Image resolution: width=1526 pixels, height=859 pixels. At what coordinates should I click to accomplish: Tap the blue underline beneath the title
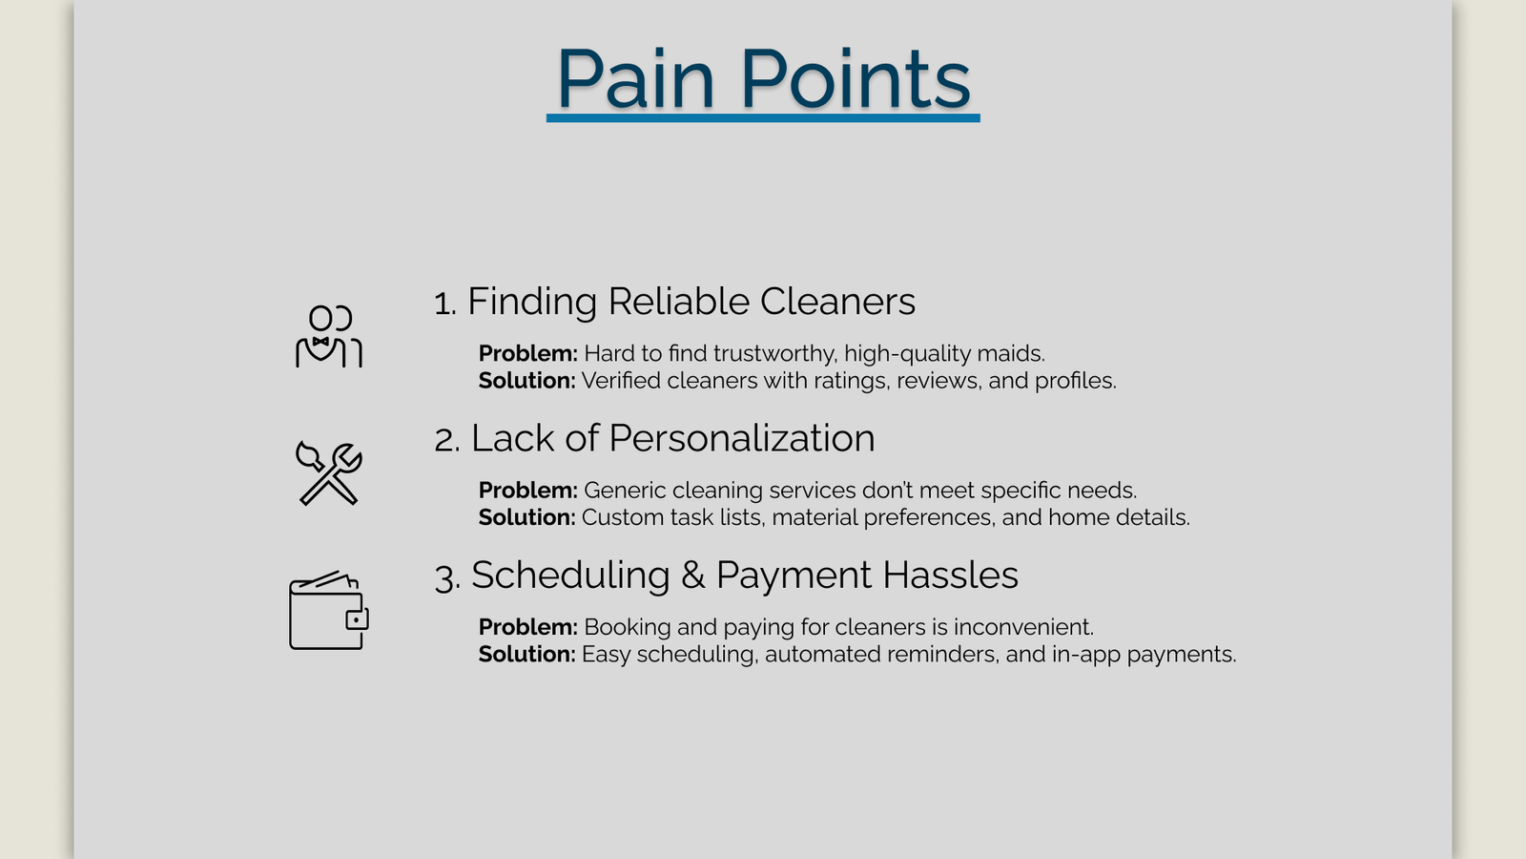point(763,118)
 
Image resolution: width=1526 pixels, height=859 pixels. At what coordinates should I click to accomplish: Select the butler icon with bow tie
point(329,336)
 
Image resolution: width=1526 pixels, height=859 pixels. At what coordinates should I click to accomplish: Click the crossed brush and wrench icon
point(329,473)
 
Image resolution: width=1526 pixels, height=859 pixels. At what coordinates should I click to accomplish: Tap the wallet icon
point(329,610)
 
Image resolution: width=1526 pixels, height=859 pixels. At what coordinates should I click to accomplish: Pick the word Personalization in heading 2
point(742,438)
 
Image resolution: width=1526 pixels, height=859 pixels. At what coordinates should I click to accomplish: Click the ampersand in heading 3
point(692,575)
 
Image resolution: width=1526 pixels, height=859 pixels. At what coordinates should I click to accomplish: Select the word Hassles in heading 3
point(950,575)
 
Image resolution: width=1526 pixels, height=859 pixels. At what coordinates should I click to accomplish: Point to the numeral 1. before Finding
point(444,303)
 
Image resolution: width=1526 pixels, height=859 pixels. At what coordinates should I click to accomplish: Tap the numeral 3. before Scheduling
point(447,577)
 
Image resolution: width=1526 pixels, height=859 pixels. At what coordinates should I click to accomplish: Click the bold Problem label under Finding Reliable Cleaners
point(528,354)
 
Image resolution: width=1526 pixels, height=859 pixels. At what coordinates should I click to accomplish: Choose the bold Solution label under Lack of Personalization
point(526,517)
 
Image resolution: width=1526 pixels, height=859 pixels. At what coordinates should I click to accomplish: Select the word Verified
point(621,381)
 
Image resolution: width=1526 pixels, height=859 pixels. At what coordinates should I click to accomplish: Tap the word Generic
point(625,491)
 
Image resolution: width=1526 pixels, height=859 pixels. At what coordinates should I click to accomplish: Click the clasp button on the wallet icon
point(357,619)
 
